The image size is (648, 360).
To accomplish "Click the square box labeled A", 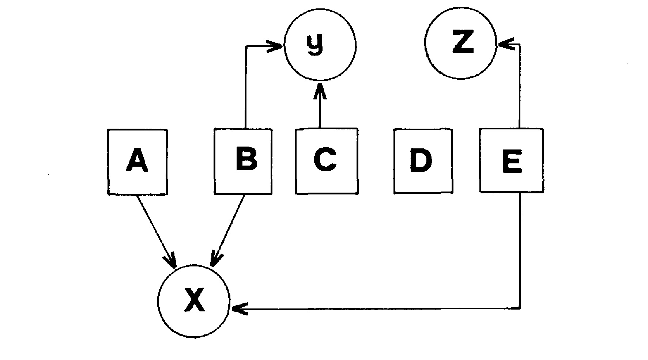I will tap(137, 162).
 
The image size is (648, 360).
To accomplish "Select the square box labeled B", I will tap(243, 161).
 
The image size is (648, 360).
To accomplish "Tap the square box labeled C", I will tap(326, 161).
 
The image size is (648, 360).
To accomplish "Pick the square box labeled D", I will tap(423, 161).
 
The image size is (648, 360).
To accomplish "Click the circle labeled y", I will tap(320, 45).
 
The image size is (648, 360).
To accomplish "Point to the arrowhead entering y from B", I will tap(277, 46).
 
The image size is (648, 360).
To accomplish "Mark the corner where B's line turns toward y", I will tap(246, 46).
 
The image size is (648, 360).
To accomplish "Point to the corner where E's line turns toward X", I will tap(520, 309).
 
